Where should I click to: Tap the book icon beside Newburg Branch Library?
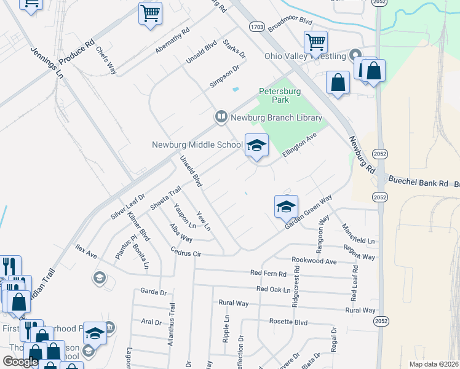(221, 116)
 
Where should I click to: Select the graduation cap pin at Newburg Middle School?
(256, 146)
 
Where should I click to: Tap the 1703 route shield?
(257, 27)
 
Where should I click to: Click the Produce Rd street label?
(77, 53)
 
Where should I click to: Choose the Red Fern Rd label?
(268, 273)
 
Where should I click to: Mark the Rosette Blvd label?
(288, 322)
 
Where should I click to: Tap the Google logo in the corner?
(20, 361)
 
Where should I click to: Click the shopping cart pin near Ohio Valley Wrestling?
(315, 43)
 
